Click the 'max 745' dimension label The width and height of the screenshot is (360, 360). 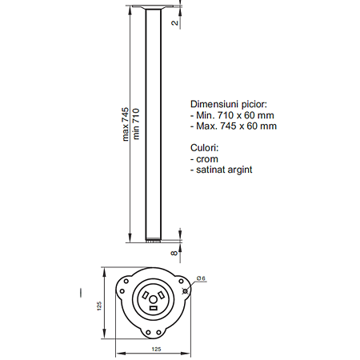point(126,124)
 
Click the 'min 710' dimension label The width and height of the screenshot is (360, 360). point(136,124)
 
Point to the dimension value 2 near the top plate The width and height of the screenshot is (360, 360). point(174,22)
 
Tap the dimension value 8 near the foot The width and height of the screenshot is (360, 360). point(174,253)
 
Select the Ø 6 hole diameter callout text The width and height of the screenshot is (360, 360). point(201,278)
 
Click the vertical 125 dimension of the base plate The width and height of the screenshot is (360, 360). point(99,306)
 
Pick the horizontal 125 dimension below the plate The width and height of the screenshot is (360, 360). point(156,349)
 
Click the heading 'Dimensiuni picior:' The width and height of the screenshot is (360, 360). point(229,104)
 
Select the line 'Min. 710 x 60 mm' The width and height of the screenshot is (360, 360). point(232,115)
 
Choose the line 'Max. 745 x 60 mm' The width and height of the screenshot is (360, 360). point(234,126)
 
